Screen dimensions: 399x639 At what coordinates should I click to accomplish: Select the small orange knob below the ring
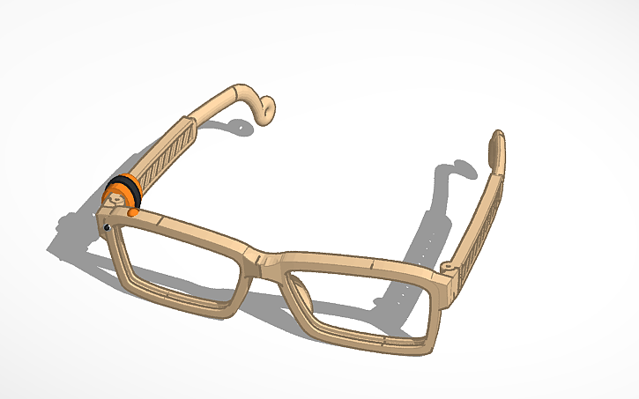click(x=131, y=211)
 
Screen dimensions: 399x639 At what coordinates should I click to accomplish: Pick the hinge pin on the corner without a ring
click(x=447, y=265)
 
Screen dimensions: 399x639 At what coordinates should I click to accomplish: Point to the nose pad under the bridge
click(x=291, y=286)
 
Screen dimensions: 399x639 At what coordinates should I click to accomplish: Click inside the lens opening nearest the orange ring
click(x=181, y=264)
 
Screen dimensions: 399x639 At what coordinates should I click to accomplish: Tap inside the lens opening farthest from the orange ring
click(x=361, y=304)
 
